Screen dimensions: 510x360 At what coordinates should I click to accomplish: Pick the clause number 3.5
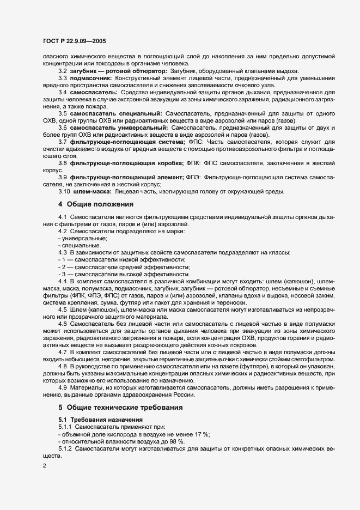click(x=63, y=113)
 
